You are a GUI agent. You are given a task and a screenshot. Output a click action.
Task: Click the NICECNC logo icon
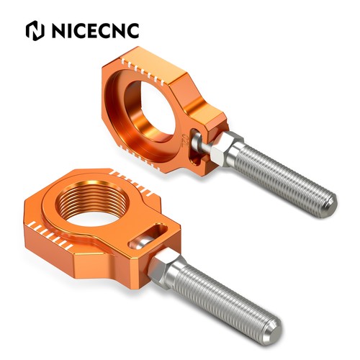(35, 30)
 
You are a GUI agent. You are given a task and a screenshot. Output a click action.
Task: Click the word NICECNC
(96, 31)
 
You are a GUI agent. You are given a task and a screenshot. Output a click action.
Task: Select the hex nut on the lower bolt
(163, 264)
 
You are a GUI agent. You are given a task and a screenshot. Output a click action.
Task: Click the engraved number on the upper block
(184, 140)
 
